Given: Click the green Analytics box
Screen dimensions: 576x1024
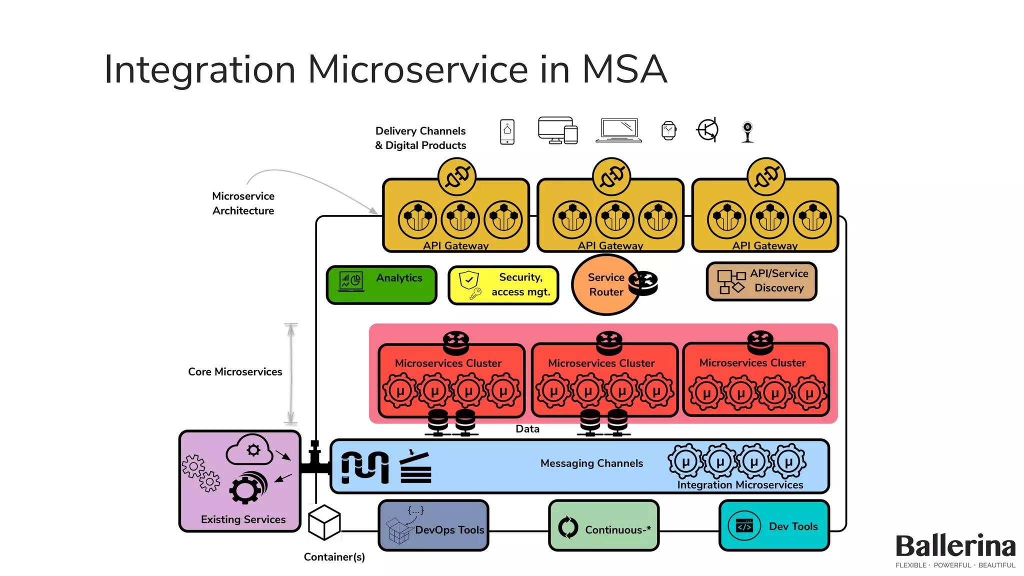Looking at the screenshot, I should (x=381, y=285).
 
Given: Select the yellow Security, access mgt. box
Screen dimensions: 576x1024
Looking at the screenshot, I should (x=503, y=285).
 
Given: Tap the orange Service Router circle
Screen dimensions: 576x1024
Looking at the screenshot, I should (x=605, y=285).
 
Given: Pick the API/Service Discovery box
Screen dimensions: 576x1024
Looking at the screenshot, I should (x=761, y=281).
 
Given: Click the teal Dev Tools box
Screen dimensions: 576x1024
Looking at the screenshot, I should (x=774, y=526).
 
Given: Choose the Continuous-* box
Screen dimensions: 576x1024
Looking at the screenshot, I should (x=603, y=526).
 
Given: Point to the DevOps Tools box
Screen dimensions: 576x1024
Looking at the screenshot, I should (x=433, y=526).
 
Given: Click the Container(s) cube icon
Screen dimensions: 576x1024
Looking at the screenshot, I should (x=324, y=522).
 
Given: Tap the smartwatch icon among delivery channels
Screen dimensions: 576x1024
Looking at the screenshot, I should (x=668, y=131).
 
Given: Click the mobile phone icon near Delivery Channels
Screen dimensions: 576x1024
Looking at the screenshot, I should (x=507, y=131).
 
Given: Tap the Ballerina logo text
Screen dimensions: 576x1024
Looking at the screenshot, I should (x=955, y=546).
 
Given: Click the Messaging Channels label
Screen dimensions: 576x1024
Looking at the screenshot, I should (x=591, y=463).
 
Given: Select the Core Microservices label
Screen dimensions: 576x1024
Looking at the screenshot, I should (x=235, y=372).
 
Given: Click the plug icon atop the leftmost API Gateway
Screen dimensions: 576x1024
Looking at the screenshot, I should (x=456, y=176).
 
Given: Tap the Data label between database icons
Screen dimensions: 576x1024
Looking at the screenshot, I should (x=527, y=429).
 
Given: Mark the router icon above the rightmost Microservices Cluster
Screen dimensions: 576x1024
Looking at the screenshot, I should (x=760, y=342).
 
